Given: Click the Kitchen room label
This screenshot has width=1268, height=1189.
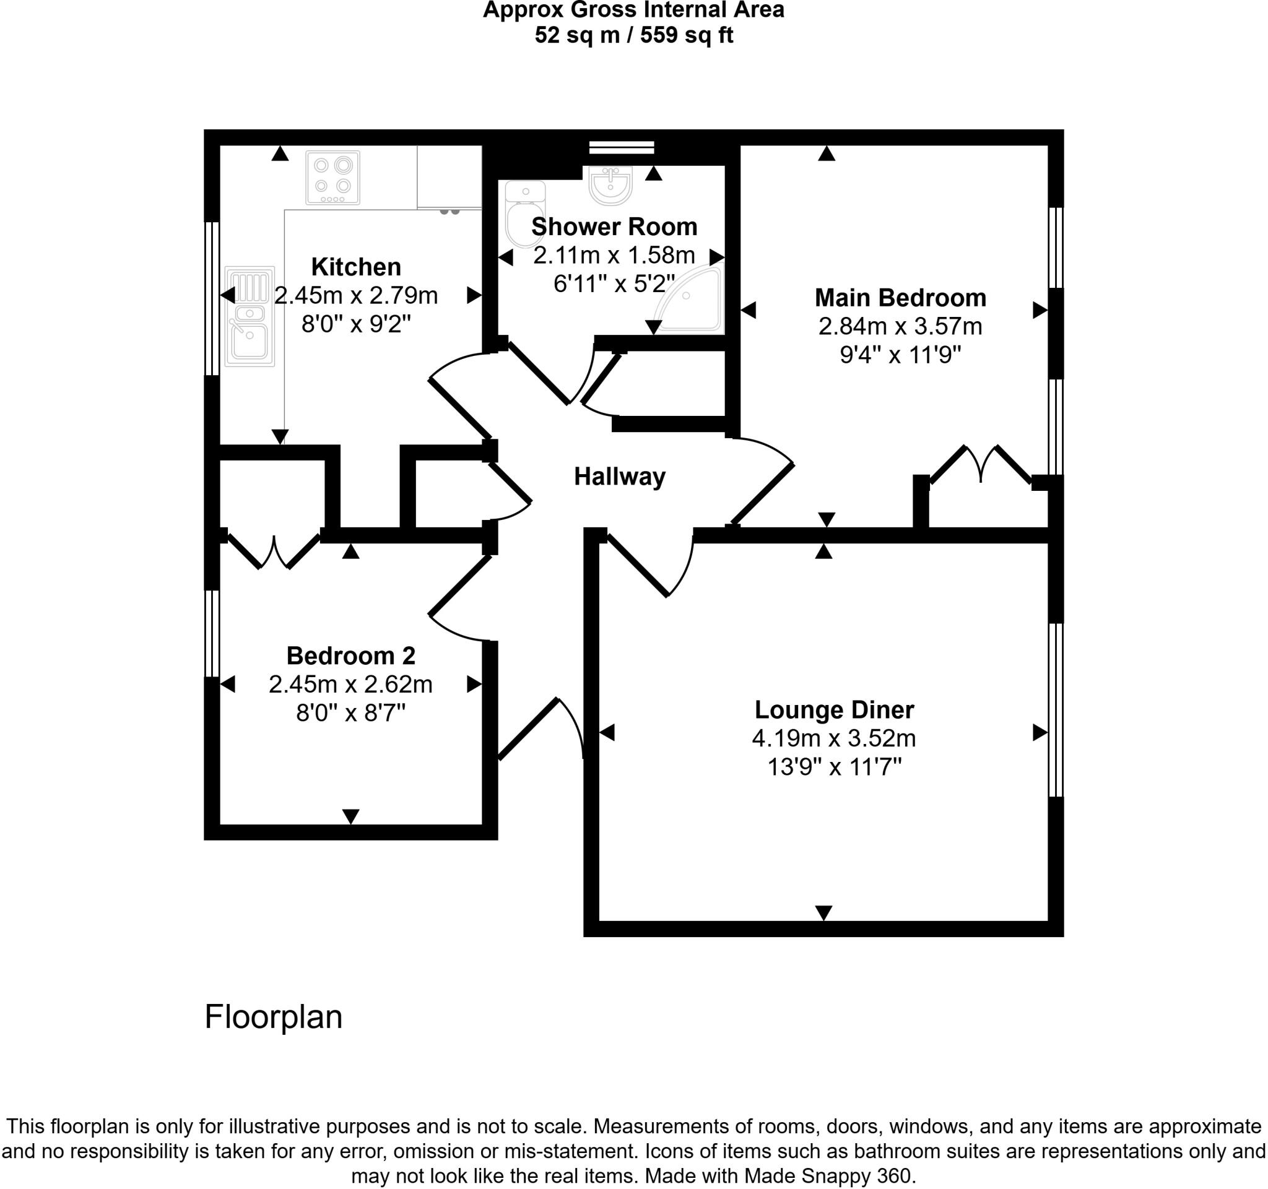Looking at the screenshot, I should click(x=356, y=267).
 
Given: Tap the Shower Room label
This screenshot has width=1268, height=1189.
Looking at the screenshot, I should click(x=614, y=227).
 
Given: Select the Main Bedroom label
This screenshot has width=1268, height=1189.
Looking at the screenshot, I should click(x=900, y=298).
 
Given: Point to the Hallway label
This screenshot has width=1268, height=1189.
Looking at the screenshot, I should click(x=619, y=476).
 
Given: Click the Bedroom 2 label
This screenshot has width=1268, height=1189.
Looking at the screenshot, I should click(x=351, y=655).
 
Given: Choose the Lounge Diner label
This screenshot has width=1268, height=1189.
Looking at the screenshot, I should click(x=833, y=709).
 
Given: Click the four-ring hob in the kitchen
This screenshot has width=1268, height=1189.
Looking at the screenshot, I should click(x=332, y=177).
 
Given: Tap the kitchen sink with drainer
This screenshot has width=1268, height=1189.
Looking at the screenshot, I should click(x=250, y=316).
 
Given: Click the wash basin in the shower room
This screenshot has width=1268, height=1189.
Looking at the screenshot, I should click(x=610, y=184).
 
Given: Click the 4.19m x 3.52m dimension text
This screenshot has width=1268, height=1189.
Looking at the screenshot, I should click(x=833, y=738).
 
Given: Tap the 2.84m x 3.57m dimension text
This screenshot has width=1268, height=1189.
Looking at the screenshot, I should click(x=900, y=326).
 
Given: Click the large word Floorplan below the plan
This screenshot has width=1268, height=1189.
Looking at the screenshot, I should click(x=273, y=1017).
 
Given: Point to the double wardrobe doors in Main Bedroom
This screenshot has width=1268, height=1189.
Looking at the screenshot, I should click(x=981, y=465).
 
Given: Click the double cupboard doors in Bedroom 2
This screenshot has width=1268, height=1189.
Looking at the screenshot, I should click(x=274, y=551).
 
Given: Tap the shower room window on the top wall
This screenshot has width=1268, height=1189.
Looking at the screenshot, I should click(x=621, y=148).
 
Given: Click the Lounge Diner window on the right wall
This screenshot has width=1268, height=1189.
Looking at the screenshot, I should click(x=1056, y=709).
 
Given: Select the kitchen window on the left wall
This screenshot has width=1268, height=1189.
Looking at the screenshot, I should click(x=212, y=298).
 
